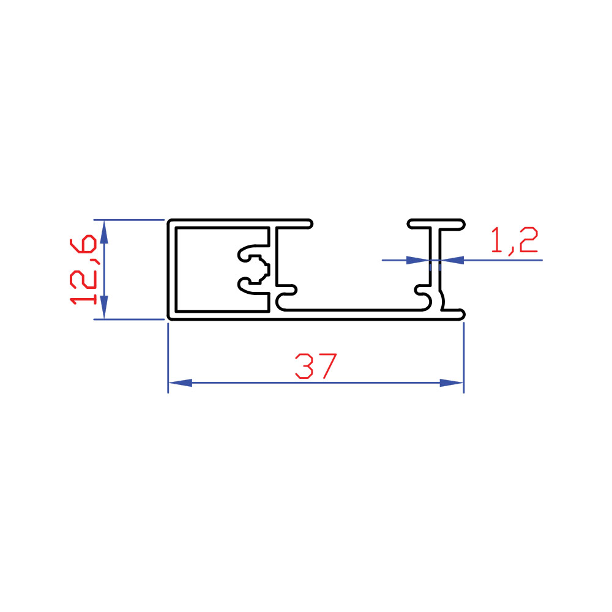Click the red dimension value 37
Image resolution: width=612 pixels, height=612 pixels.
316,366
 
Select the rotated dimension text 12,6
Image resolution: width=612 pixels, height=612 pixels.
83,269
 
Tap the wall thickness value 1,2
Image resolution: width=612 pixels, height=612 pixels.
514,241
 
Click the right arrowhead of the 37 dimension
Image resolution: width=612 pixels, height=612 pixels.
452,383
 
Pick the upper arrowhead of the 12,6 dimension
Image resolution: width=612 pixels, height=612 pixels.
104,232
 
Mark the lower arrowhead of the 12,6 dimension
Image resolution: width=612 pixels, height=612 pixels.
104,307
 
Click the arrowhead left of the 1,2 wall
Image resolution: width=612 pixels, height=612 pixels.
418,260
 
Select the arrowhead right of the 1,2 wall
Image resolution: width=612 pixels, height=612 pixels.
452,260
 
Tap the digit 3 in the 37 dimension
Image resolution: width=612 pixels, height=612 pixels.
304,366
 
